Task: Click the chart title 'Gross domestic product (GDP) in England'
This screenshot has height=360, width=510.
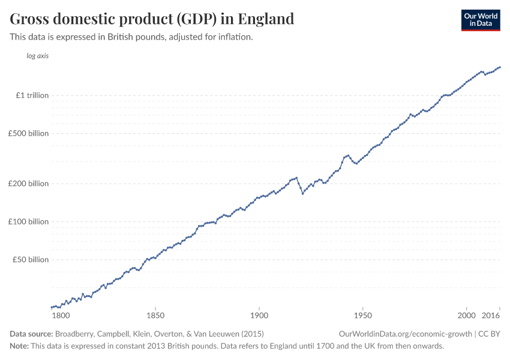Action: coord(152,19)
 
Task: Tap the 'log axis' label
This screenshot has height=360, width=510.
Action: coord(37,56)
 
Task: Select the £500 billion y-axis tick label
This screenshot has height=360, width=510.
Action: coord(29,133)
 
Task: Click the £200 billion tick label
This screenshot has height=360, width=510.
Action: coord(29,184)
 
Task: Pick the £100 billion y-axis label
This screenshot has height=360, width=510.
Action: coord(29,221)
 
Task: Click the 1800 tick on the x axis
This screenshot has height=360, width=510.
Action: coord(61,315)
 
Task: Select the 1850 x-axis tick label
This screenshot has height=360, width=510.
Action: coord(155,315)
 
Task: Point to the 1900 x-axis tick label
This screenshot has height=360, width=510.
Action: coord(259,315)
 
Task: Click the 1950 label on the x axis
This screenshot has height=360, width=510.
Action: coord(362,315)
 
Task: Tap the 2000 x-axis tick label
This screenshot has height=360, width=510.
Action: coord(466,315)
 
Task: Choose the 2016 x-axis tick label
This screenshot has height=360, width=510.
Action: coord(491,315)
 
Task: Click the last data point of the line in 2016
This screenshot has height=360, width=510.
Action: coord(500,67)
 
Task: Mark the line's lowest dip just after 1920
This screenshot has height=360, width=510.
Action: coord(302,194)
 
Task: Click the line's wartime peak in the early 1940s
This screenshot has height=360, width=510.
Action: coord(348,155)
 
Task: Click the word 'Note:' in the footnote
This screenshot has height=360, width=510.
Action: coord(19,346)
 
